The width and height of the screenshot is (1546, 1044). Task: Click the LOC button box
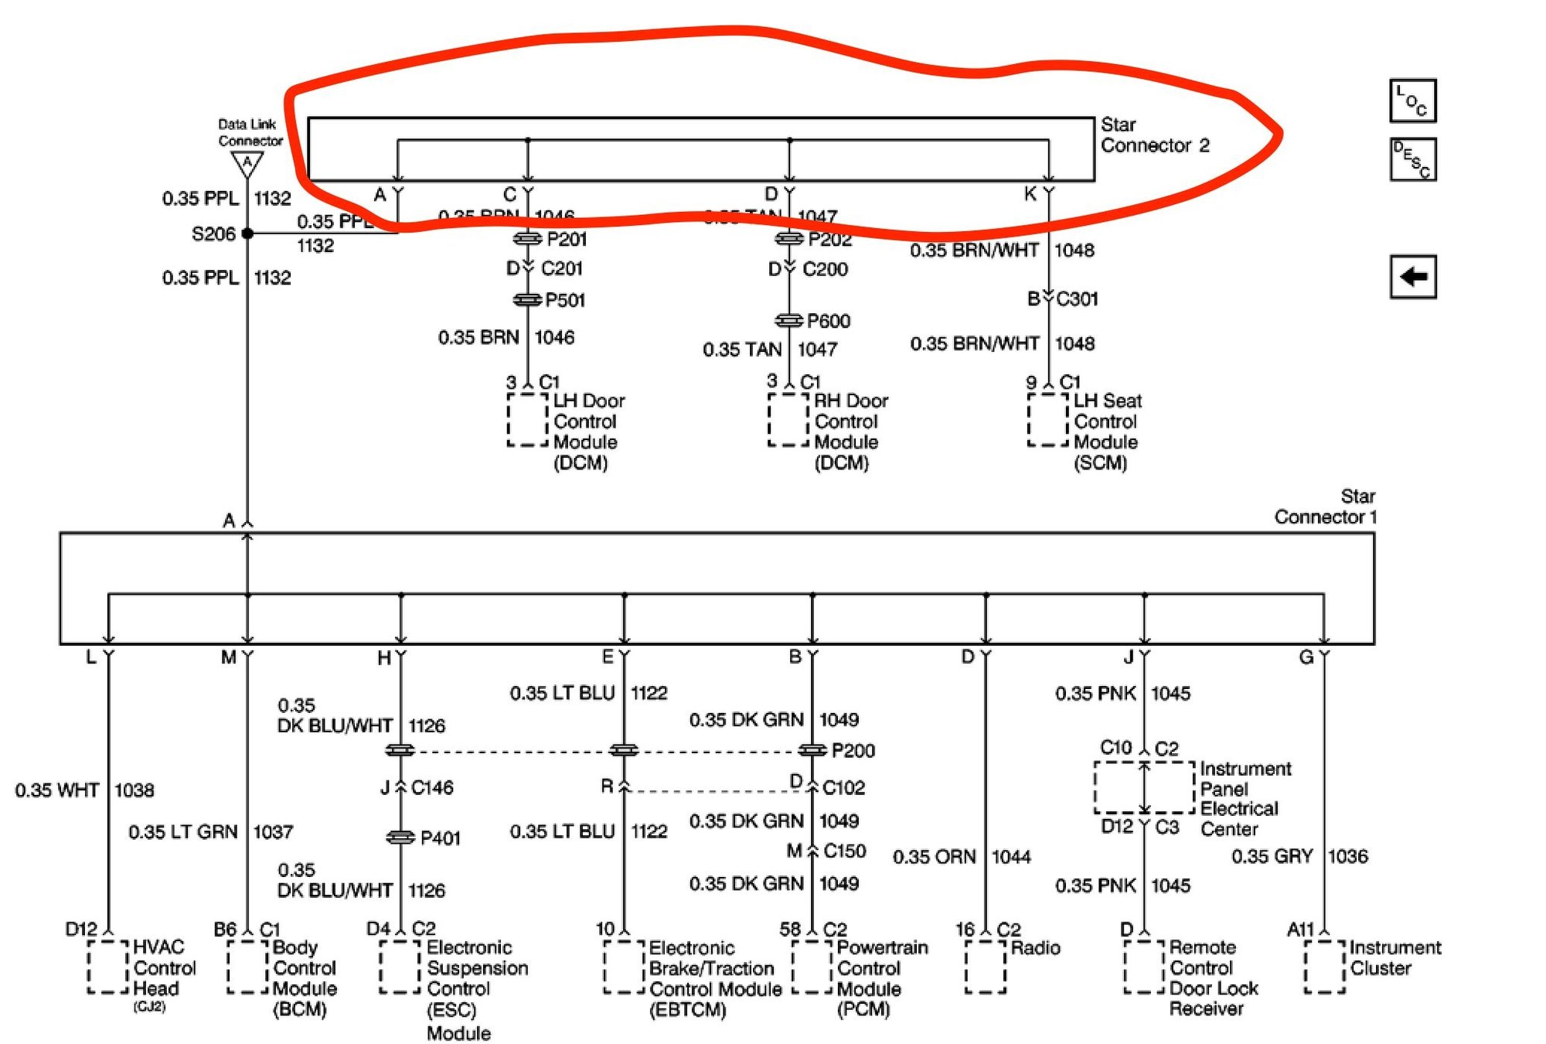(1412, 101)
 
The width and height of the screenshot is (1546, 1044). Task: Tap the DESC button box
(1412, 159)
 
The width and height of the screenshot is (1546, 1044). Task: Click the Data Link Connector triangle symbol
(247, 163)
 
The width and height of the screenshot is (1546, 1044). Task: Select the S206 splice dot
(247, 233)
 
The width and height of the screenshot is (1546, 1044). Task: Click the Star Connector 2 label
(1154, 135)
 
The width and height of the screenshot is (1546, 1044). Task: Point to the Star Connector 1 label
(1325, 507)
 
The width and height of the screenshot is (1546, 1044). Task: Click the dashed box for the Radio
(986, 967)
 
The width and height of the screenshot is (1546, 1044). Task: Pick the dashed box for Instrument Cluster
(1324, 967)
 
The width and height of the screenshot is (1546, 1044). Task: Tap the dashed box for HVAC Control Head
(107, 967)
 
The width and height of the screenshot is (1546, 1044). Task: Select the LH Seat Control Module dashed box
(1047, 420)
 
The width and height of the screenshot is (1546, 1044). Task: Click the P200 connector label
(853, 750)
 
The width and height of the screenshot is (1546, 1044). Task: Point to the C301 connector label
(1077, 299)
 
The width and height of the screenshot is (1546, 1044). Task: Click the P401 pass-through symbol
(400, 838)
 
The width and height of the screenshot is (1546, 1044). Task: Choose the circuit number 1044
(1011, 857)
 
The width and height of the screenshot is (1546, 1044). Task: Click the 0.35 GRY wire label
(1272, 856)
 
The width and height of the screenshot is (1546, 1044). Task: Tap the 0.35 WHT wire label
(57, 790)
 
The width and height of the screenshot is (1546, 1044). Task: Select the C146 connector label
(432, 787)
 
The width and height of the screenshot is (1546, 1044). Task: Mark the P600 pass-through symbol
(788, 320)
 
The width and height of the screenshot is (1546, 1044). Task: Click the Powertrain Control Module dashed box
(812, 967)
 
